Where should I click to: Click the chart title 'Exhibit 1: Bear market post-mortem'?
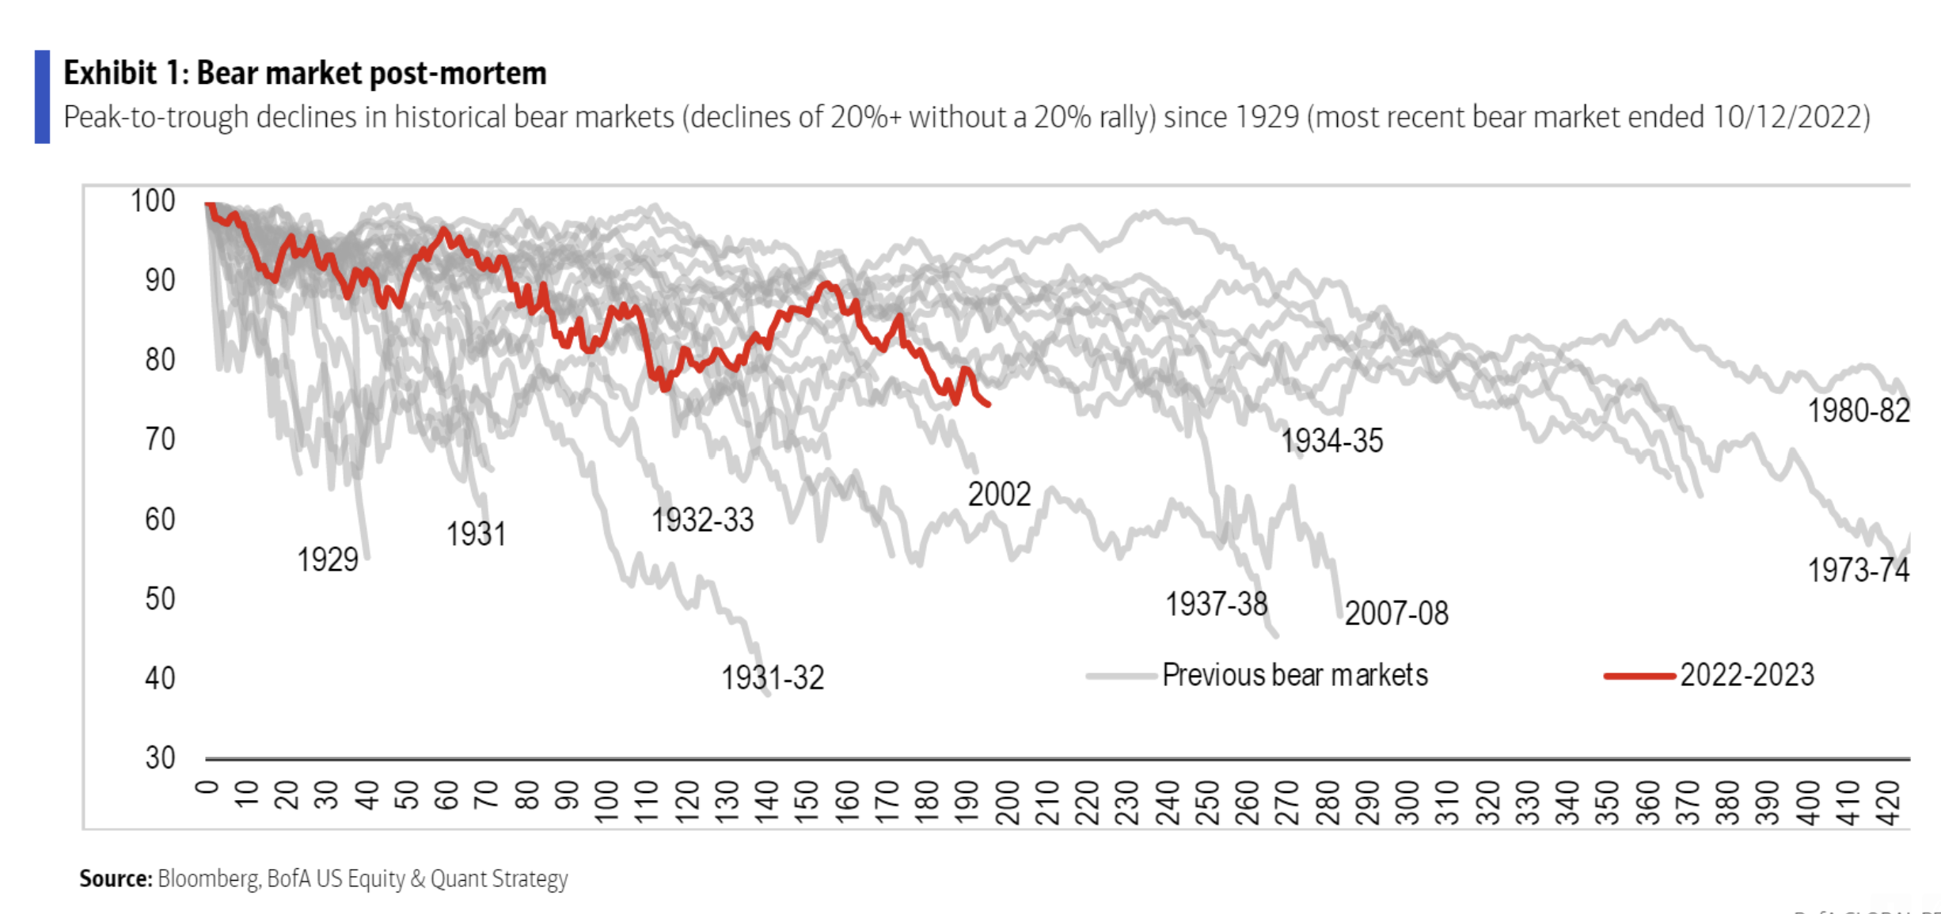(305, 73)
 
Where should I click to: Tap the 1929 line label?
(328, 560)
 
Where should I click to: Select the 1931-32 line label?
(772, 678)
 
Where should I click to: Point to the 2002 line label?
(999, 495)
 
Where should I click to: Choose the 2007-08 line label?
(1396, 613)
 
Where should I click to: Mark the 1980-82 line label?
(1858, 411)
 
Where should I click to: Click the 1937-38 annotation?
(1216, 605)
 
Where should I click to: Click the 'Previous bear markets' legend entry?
(1295, 675)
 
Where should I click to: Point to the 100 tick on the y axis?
(153, 201)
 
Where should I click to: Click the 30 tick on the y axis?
(160, 758)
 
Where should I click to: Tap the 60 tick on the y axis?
(160, 520)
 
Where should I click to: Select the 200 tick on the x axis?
(1007, 802)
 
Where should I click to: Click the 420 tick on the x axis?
(1888, 802)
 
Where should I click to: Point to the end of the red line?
(989, 404)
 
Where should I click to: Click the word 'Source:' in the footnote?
(116, 878)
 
